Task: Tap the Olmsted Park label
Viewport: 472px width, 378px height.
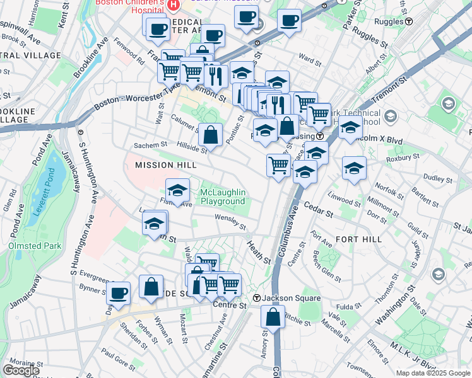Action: pyautogui.click(x=31, y=245)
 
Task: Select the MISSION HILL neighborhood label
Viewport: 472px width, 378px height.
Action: pyautogui.click(x=162, y=165)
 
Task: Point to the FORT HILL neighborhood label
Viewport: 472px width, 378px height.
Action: pyautogui.click(x=358, y=239)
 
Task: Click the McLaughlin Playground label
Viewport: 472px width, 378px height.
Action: pyautogui.click(x=223, y=197)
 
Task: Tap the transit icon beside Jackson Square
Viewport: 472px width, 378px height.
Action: pyautogui.click(x=257, y=298)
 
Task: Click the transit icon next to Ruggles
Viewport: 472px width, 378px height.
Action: pyautogui.click(x=409, y=21)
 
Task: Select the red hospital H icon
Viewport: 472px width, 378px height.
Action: pyautogui.click(x=175, y=4)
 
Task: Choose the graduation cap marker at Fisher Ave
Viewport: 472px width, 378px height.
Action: pyautogui.click(x=178, y=190)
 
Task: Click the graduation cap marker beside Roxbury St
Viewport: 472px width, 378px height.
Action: pyautogui.click(x=355, y=168)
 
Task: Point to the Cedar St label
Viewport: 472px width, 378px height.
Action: pyautogui.click(x=318, y=210)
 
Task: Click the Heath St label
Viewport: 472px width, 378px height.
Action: pyautogui.click(x=259, y=251)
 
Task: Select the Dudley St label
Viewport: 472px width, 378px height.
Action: pyautogui.click(x=434, y=178)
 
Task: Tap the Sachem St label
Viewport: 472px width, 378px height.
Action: pyautogui.click(x=150, y=145)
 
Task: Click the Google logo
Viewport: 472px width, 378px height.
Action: pyautogui.click(x=21, y=370)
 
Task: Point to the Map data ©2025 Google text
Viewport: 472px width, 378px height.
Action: pyautogui.click(x=433, y=373)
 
